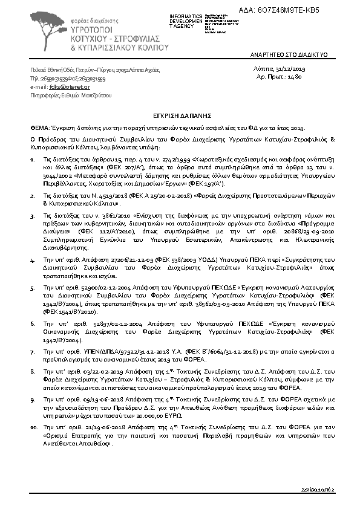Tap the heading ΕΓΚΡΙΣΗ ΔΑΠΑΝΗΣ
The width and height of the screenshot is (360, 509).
click(x=179, y=113)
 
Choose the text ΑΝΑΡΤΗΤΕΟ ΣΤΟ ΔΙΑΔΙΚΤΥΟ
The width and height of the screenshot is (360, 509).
click(x=289, y=55)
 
